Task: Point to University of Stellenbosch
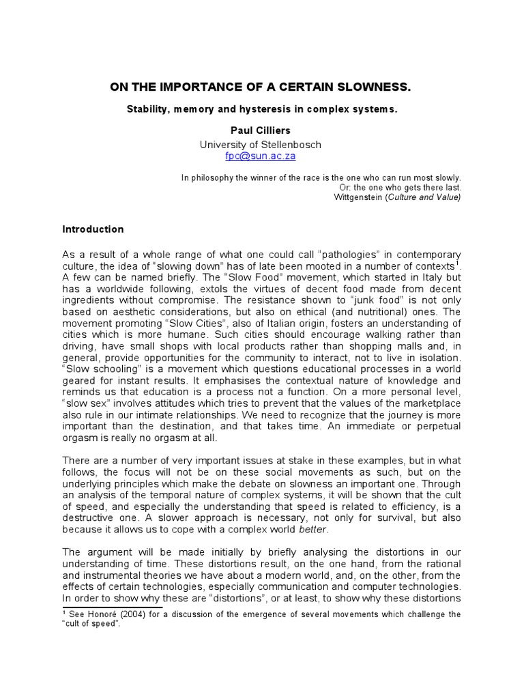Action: [x=260, y=145]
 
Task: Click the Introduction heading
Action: [x=93, y=229]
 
